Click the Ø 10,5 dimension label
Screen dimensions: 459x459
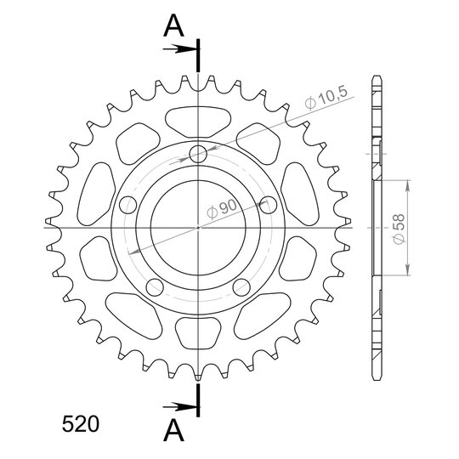click(326, 98)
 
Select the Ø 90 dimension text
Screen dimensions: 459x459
click(222, 208)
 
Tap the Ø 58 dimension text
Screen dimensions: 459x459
click(399, 229)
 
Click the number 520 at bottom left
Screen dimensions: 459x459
click(81, 424)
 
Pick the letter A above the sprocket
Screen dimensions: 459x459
click(173, 25)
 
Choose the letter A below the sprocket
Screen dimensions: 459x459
click(173, 430)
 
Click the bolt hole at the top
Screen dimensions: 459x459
click(198, 154)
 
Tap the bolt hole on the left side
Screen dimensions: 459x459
click(128, 205)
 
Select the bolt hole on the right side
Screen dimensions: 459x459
click(268, 205)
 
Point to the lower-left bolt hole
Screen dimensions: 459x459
click(155, 287)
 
